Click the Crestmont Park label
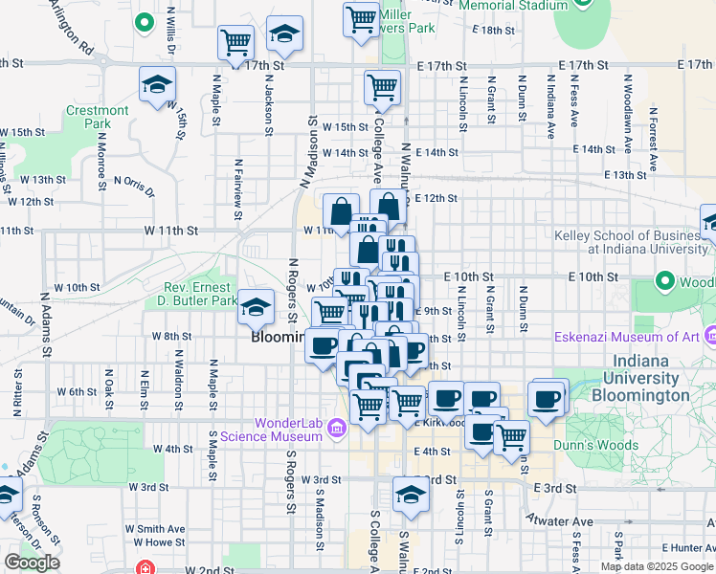click(x=98, y=117)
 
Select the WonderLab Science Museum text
click(x=271, y=430)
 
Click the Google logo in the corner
click(x=32, y=563)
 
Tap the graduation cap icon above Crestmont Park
click(x=157, y=85)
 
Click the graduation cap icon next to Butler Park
click(x=256, y=307)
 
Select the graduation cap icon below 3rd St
click(x=410, y=495)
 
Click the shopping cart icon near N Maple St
click(x=235, y=42)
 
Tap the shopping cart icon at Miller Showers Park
click(x=361, y=18)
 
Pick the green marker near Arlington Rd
click(x=145, y=21)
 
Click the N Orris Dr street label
click(x=134, y=184)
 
